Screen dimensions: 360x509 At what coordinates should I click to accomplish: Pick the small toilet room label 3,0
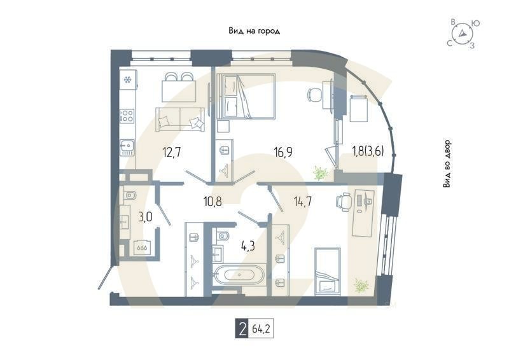(x=145, y=217)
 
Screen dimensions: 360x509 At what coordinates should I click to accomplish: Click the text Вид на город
(x=254, y=31)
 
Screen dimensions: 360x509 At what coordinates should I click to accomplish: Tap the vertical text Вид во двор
(x=447, y=163)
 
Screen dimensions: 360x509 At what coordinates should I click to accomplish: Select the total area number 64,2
(x=261, y=330)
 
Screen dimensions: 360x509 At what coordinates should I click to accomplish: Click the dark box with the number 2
(x=242, y=330)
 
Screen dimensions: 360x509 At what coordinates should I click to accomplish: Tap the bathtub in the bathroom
(x=240, y=275)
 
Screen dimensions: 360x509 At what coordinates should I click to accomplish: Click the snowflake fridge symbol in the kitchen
(x=127, y=80)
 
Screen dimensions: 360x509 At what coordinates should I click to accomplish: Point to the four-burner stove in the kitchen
(x=127, y=116)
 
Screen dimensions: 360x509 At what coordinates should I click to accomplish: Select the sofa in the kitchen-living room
(x=181, y=118)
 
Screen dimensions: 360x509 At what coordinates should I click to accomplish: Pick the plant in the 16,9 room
(x=320, y=172)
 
